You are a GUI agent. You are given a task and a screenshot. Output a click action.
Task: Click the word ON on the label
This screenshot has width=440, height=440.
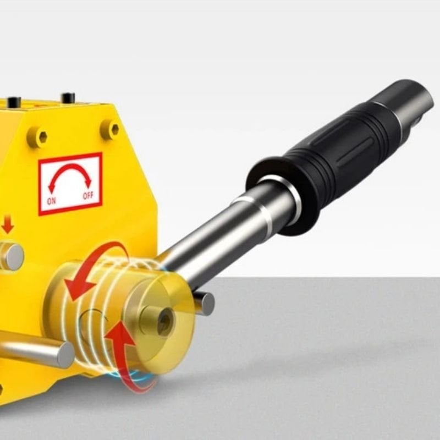tap(51, 201)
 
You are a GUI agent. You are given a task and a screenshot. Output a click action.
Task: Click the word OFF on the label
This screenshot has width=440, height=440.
tap(88, 195)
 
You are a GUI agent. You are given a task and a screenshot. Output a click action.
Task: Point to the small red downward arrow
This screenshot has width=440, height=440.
tap(8, 224)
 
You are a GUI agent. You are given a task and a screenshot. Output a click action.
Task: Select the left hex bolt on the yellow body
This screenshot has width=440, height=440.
tap(37, 137)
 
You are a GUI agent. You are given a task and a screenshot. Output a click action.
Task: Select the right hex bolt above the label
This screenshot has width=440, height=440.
tap(111, 129)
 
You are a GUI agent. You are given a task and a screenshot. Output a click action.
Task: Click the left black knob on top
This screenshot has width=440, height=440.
tap(14, 102)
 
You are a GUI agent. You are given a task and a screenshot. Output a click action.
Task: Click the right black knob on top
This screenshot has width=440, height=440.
tap(68, 97)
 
